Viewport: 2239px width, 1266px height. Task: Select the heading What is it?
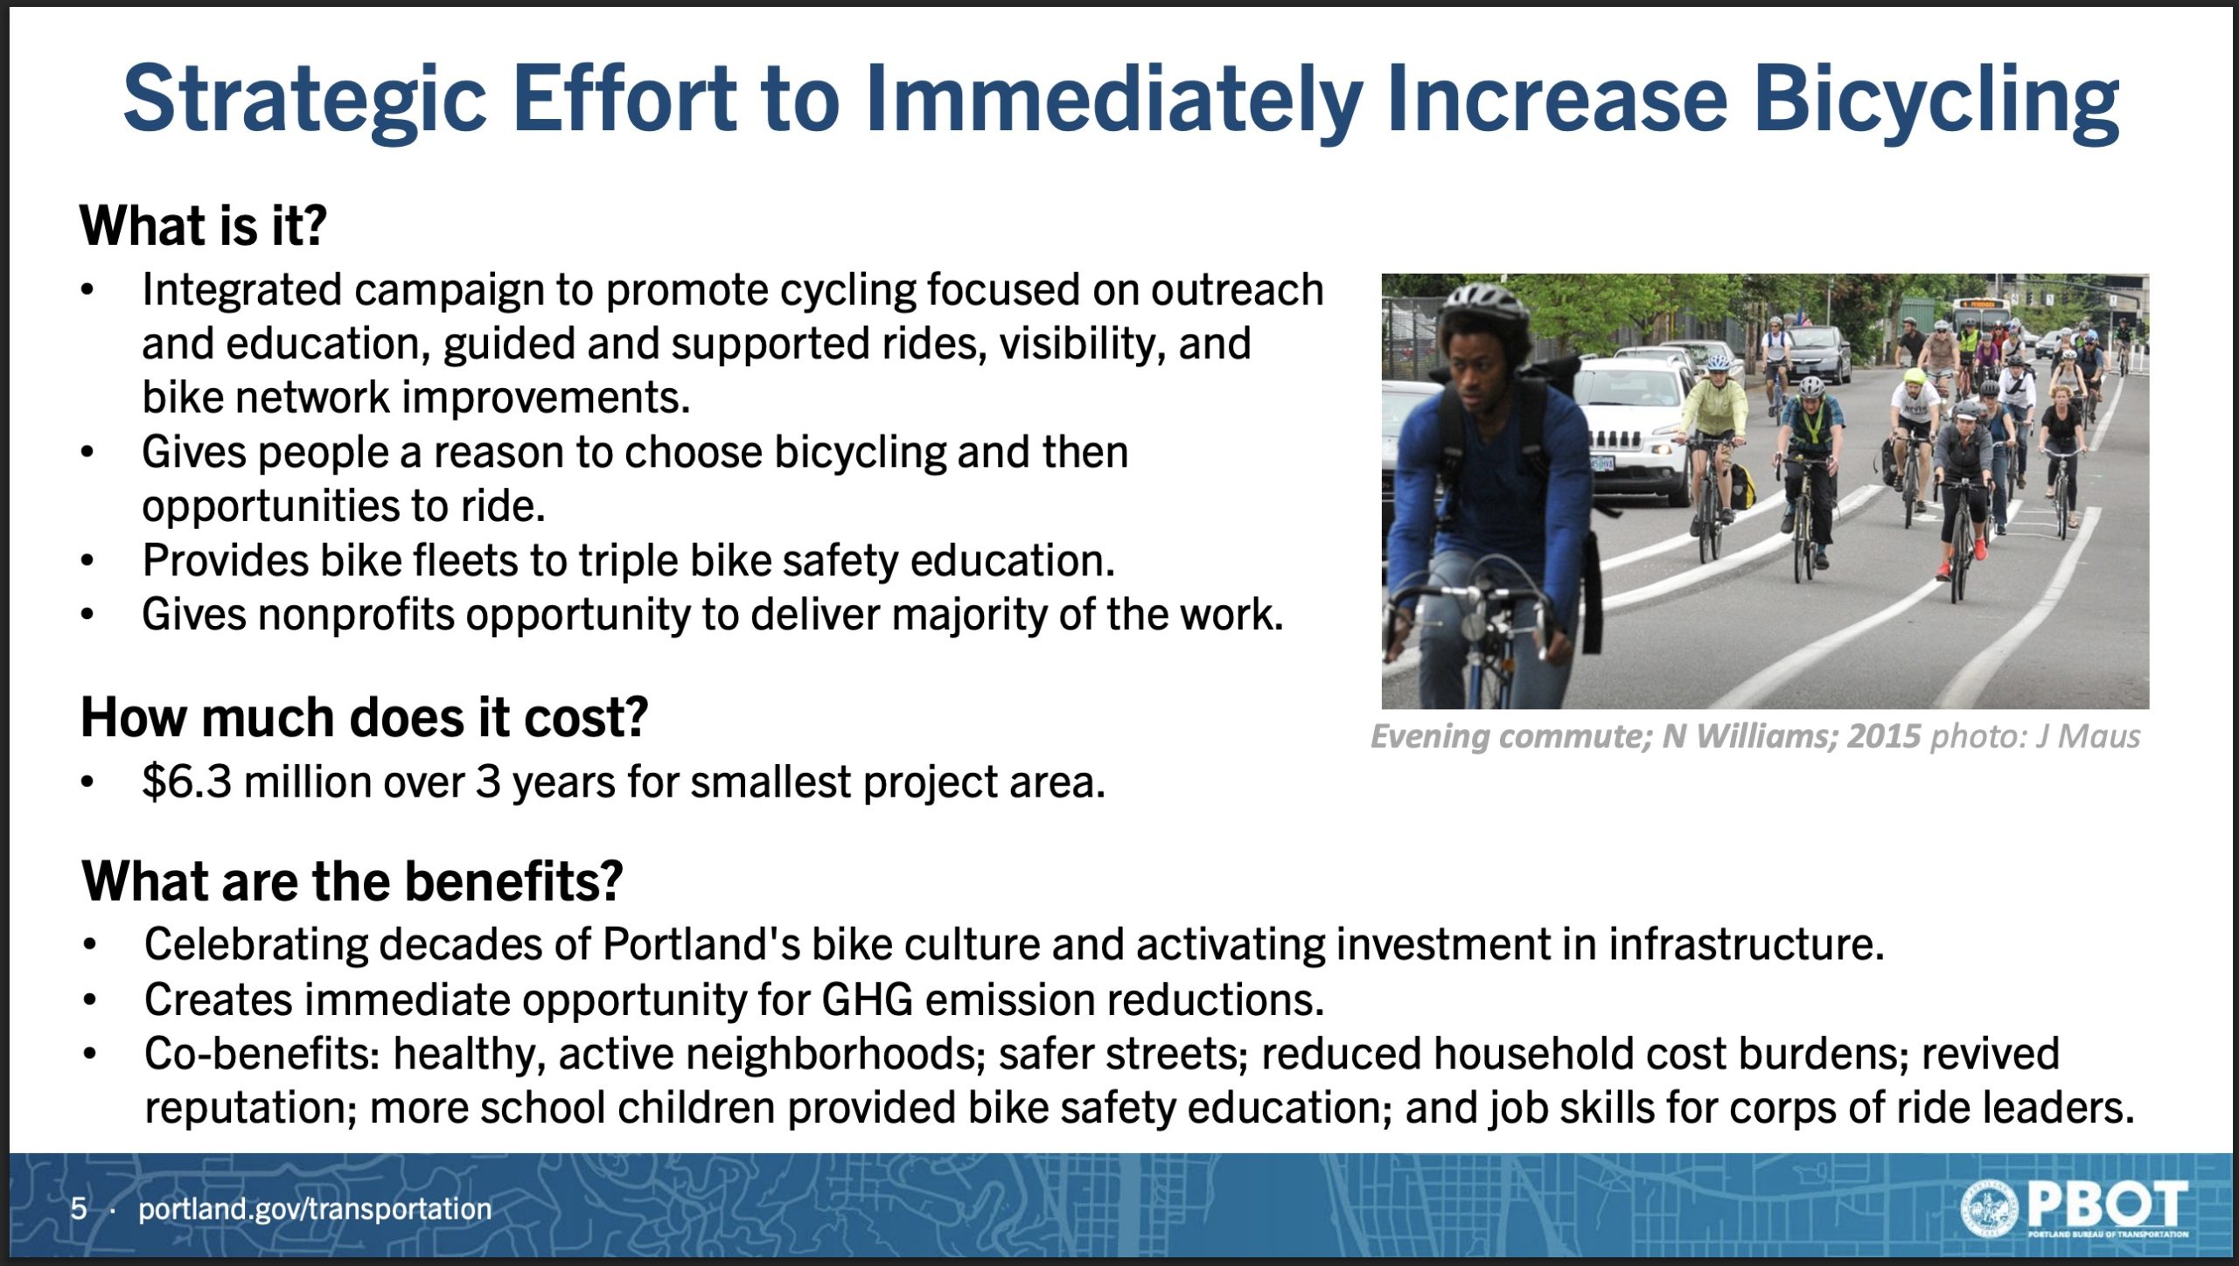(203, 226)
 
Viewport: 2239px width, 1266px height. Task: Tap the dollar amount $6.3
(187, 781)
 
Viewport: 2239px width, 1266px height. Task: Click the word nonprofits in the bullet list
(356, 615)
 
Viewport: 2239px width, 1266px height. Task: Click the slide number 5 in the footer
(79, 1208)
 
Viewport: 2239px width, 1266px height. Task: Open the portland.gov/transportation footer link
(315, 1209)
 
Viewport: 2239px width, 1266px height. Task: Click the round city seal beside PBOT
(1989, 1208)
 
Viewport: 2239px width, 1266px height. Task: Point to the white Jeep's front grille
(1618, 437)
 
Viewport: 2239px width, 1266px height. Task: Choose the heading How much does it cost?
(364, 718)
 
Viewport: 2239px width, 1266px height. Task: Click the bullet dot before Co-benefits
(89, 1053)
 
